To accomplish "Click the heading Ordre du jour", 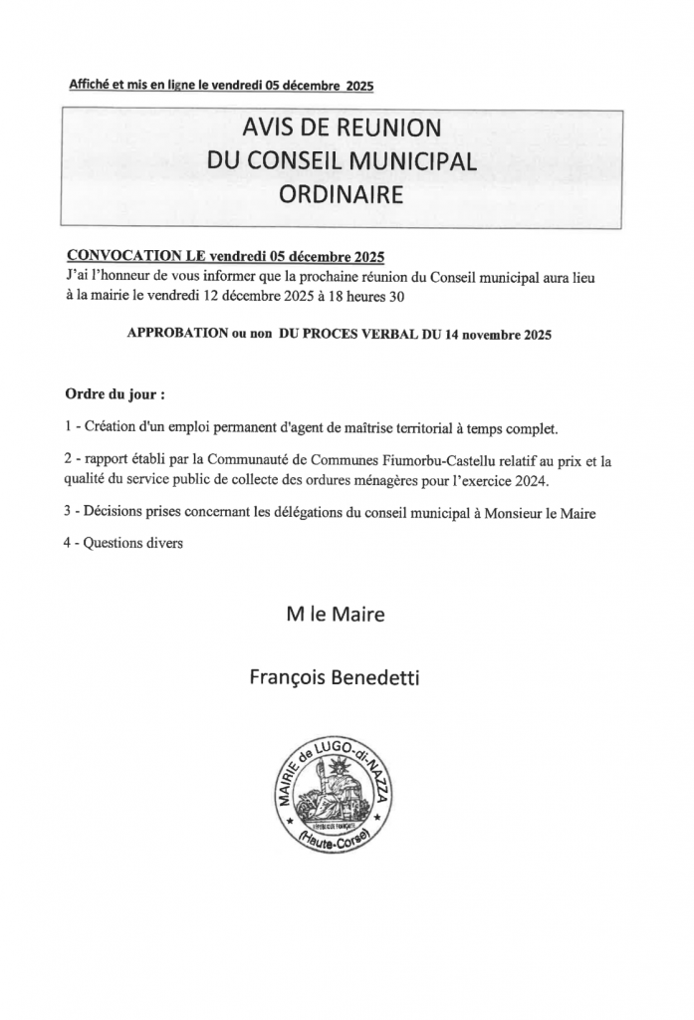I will (x=115, y=393).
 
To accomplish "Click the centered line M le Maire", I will (x=335, y=616).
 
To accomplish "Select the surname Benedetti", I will (x=378, y=678).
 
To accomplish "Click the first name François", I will (x=286, y=678).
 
